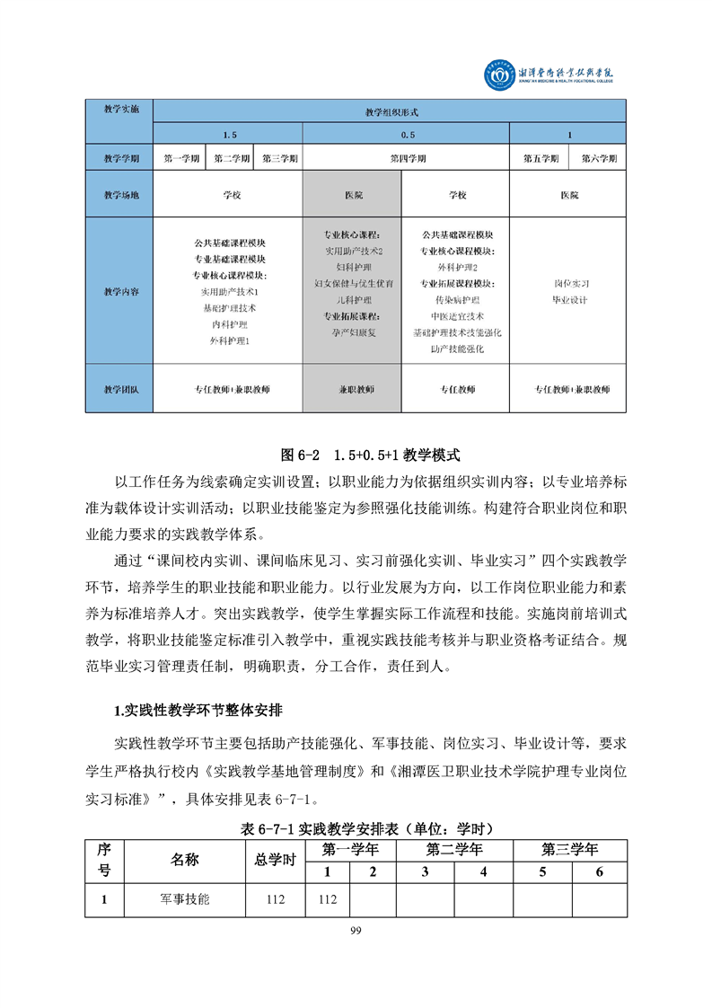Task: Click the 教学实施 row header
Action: point(121,111)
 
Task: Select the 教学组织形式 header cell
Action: point(391,112)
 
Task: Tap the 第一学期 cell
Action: point(182,158)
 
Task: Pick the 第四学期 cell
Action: point(407,158)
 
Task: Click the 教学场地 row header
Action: point(121,194)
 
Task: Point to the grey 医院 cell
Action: point(353,194)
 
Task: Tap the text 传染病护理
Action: point(456,299)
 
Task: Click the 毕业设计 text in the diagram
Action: point(569,299)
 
